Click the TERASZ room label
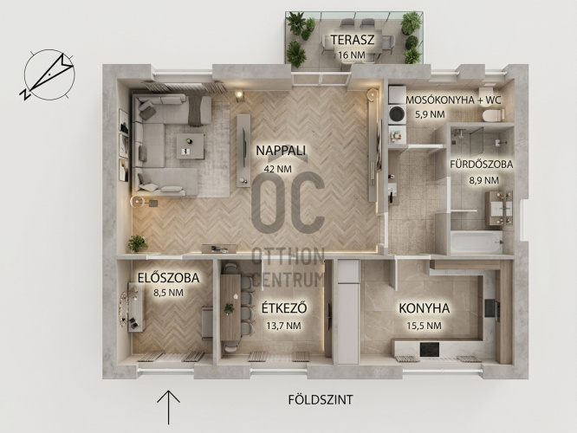[352, 39]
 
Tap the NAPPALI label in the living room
[282, 151]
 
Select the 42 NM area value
[278, 169]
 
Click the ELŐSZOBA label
[169, 278]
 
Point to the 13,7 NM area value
[283, 326]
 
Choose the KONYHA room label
[425, 308]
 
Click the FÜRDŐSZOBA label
[482, 164]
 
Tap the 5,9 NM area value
[430, 114]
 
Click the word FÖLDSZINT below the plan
[321, 399]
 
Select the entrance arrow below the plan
[169, 408]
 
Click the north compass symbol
[48, 75]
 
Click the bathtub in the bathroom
[477, 242]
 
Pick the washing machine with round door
[397, 113]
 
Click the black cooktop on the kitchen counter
[430, 349]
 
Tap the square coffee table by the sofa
[190, 146]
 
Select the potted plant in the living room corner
[138, 243]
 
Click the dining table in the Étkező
[230, 307]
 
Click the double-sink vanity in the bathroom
[499, 208]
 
